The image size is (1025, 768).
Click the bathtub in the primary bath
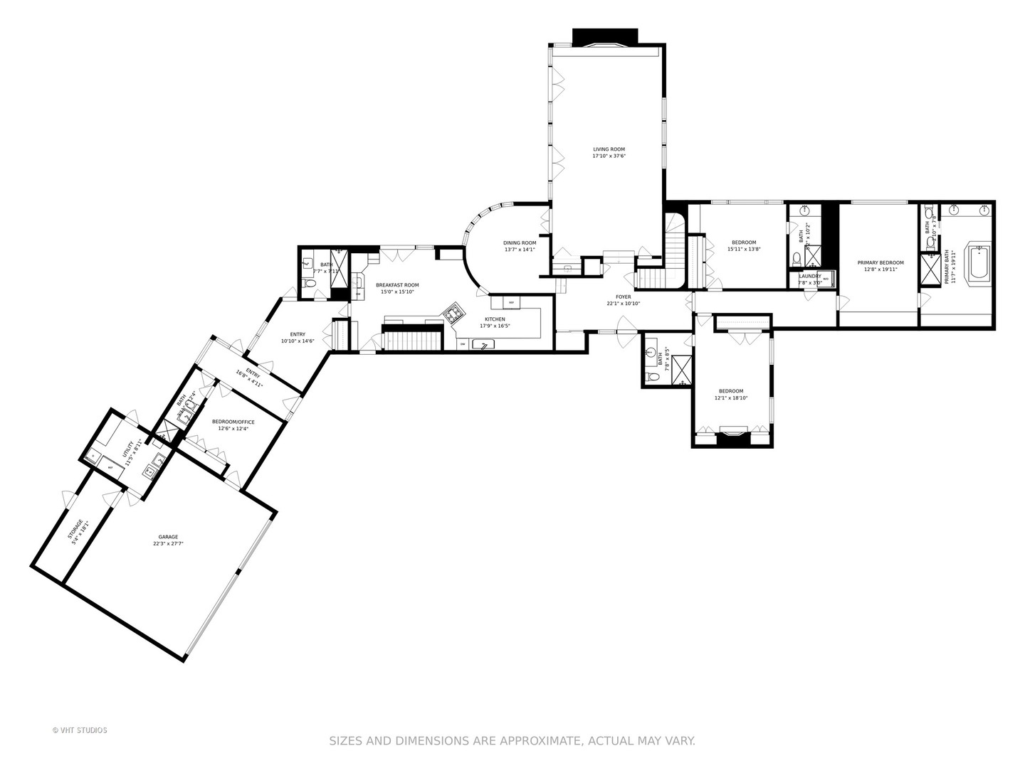coord(979,264)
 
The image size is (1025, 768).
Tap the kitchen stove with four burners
coord(453,311)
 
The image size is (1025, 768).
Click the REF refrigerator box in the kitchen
coord(510,302)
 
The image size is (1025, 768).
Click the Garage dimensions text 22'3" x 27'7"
coord(168,544)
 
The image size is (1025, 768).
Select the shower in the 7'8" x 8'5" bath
coord(682,369)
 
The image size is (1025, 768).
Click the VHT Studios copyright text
coord(80,730)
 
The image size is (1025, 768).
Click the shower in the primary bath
coord(930,270)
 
